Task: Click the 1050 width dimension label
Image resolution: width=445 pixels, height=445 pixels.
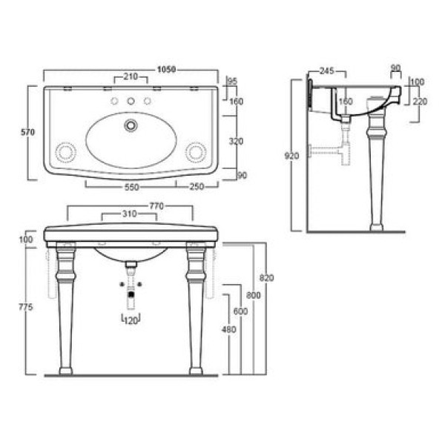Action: [x=167, y=70]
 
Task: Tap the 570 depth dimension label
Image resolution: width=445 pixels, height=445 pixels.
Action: [x=28, y=132]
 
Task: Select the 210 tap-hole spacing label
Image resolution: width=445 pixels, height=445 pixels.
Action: [x=131, y=76]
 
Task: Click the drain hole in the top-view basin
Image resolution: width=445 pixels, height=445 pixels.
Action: [x=131, y=125]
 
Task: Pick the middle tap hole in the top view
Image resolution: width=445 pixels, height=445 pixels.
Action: [x=131, y=101]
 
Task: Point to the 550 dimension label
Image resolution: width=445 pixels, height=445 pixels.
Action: [x=132, y=188]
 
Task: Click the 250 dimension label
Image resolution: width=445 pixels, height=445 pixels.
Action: [x=197, y=187]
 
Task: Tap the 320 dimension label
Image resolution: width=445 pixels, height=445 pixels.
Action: [x=236, y=142]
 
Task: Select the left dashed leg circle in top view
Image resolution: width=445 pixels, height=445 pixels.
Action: [x=66, y=152]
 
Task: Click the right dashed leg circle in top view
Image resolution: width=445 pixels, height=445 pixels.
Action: [x=196, y=152]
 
